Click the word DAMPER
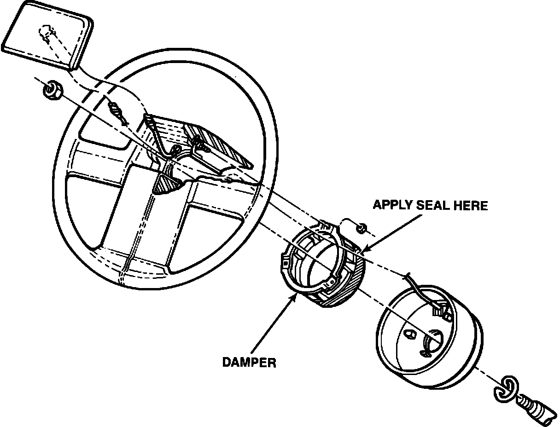coord(249,363)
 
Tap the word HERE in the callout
coord(471,205)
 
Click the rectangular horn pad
coord(46,39)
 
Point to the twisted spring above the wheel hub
coord(118,113)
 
